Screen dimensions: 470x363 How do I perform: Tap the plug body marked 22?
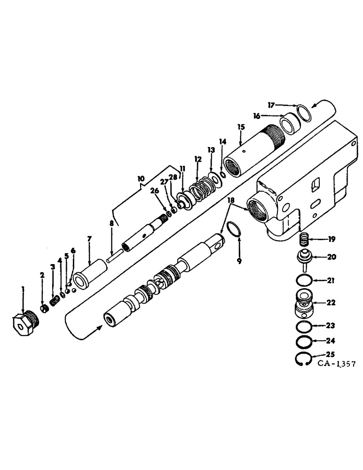(306, 305)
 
